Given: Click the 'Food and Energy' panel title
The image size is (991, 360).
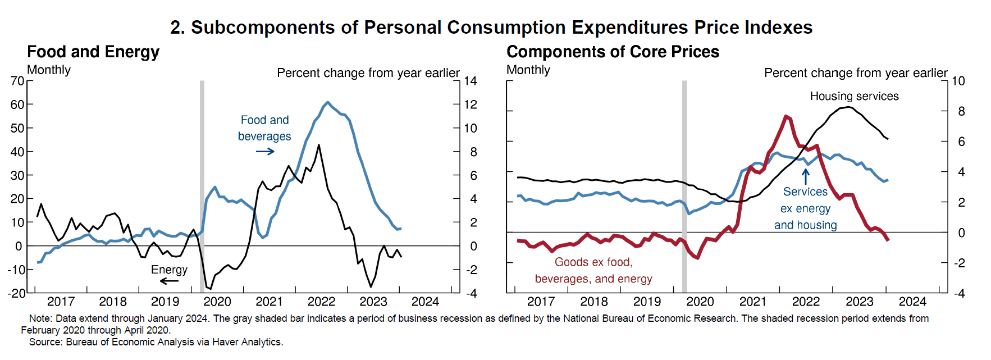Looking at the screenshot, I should [x=93, y=52].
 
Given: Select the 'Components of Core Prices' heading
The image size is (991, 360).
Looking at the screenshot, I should [x=613, y=52].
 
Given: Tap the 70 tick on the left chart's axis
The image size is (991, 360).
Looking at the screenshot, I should [x=17, y=81].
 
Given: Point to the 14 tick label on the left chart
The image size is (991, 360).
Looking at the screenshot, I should [x=470, y=81].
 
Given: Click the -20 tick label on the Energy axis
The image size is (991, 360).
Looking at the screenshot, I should [x=16, y=293].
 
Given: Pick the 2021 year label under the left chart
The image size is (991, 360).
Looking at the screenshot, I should [x=269, y=302].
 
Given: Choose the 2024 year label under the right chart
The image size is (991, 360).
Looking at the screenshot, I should [x=912, y=302].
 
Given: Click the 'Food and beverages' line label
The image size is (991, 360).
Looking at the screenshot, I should [x=264, y=128].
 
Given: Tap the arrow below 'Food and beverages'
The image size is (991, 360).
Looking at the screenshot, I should [x=265, y=152].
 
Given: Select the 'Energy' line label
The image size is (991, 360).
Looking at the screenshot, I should [x=169, y=270].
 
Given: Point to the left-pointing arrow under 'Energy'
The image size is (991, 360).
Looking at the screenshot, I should [x=168, y=281].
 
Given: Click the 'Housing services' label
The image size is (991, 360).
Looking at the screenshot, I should [x=854, y=96].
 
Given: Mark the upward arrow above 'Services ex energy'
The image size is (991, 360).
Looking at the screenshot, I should [x=806, y=176].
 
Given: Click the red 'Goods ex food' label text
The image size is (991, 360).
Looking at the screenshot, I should [x=593, y=262].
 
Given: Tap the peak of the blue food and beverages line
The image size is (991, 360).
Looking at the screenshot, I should [x=328, y=103].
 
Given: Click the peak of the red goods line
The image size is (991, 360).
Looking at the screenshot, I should [x=786, y=116].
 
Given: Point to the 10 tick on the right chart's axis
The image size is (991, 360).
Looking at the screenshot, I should [x=958, y=81].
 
